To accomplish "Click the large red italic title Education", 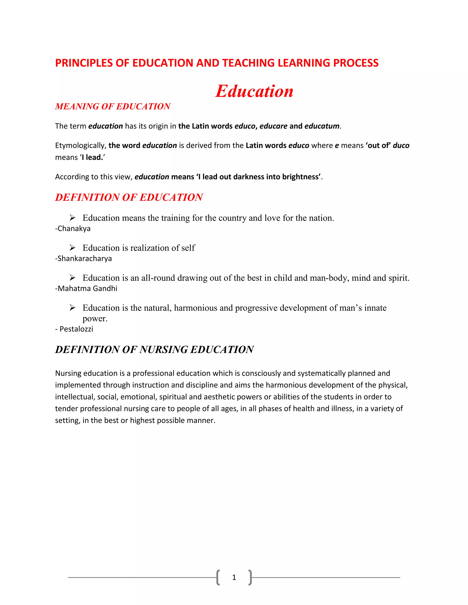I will click(254, 91).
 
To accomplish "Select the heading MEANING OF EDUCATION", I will click(113, 106).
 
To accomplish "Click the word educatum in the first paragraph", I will click(322, 126).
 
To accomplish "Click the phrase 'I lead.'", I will click(93, 157).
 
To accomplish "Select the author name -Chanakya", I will click(73, 229).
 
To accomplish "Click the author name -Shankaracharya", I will click(83, 258).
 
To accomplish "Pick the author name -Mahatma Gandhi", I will click(86, 288).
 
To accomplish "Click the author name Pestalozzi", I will click(76, 329).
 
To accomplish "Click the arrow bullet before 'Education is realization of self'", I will click(72, 247).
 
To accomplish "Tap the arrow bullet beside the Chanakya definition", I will click(72, 218).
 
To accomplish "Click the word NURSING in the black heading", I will click(164, 350).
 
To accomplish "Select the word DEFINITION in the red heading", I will click(87, 197).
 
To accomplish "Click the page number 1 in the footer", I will click(234, 577).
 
